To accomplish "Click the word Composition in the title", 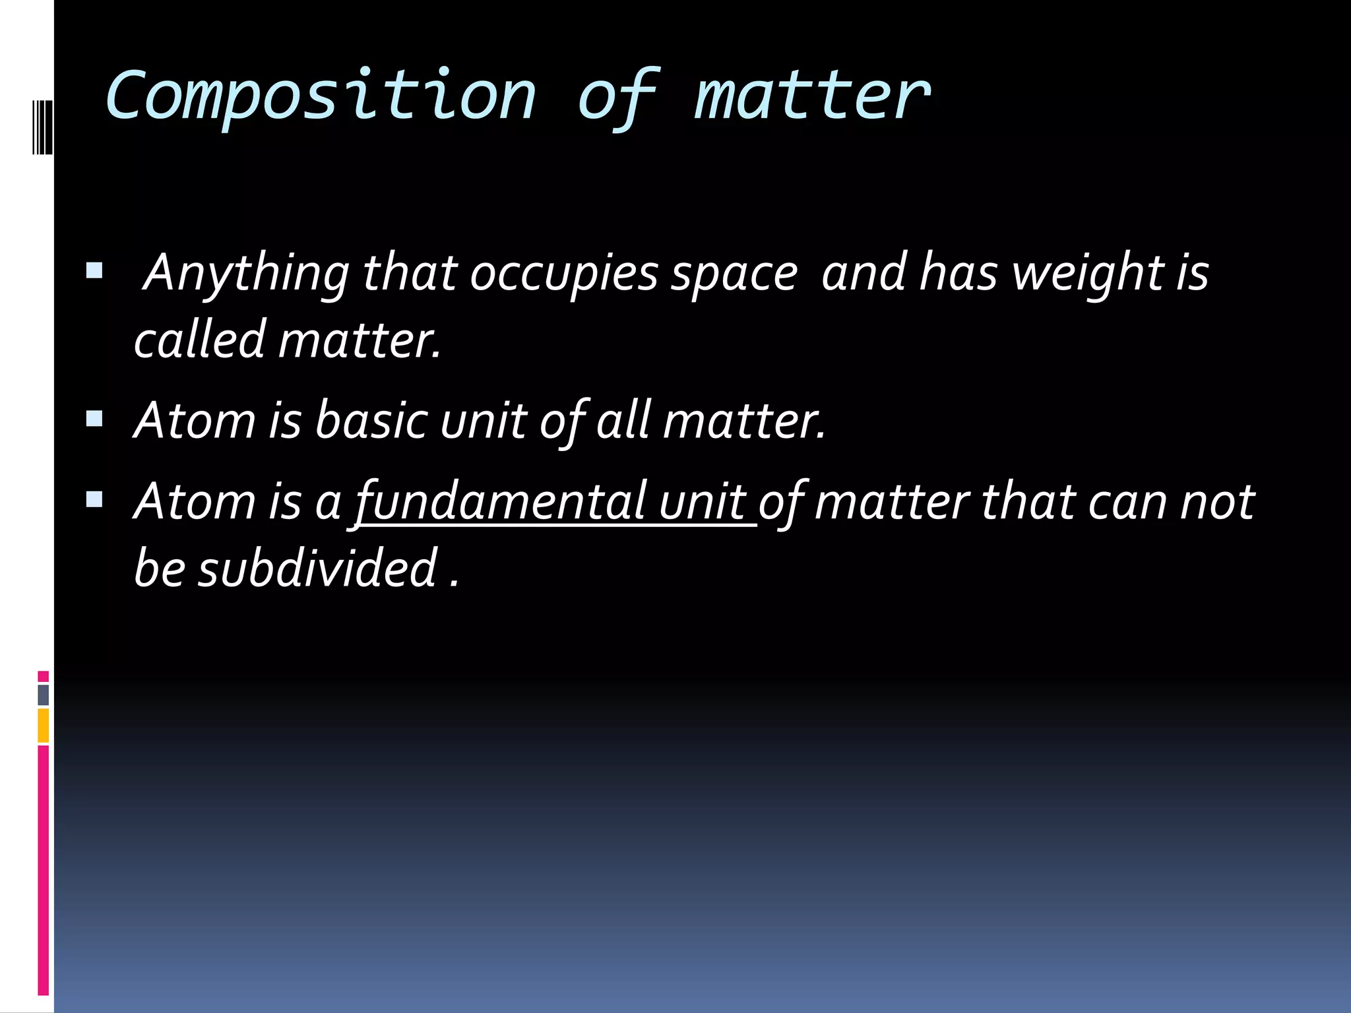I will [321, 98].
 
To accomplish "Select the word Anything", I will [246, 273].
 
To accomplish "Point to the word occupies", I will [564, 273].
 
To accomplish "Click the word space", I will [734, 273].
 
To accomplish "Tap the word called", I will [200, 340].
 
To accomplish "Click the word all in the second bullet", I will [624, 420].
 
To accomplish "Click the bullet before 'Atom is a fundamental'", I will [94, 499].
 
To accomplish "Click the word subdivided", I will [319, 568].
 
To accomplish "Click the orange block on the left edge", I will [43, 725].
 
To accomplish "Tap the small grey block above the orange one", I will [43, 695].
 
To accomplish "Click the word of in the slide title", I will [617, 98].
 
